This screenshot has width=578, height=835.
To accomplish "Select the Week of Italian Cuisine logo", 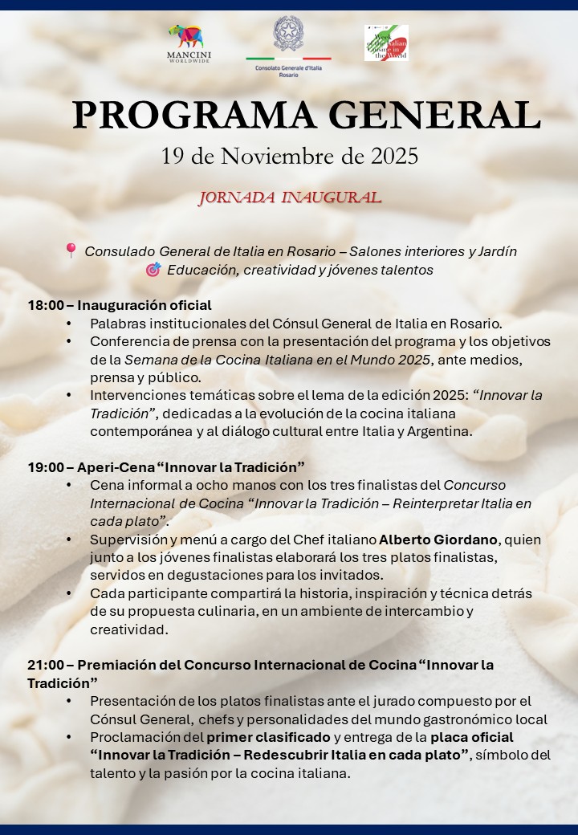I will pyautogui.click(x=386, y=43).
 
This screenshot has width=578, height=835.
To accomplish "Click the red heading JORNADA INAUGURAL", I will pyautogui.click(x=290, y=198).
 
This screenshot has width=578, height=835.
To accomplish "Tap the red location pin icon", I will pyautogui.click(x=71, y=250).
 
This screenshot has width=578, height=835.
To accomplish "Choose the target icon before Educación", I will pyautogui.click(x=153, y=270).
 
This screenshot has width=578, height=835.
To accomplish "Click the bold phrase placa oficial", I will pyautogui.click(x=472, y=737).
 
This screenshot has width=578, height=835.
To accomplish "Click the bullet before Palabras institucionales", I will pyautogui.click(x=69, y=324).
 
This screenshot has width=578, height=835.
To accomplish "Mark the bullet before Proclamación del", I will pyautogui.click(x=69, y=737).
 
